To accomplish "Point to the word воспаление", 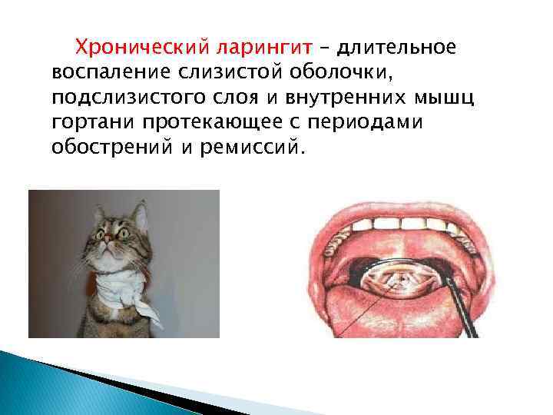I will coord(106,73).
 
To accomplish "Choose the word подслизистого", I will coord(121,98).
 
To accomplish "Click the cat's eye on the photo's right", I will coord(123,231).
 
